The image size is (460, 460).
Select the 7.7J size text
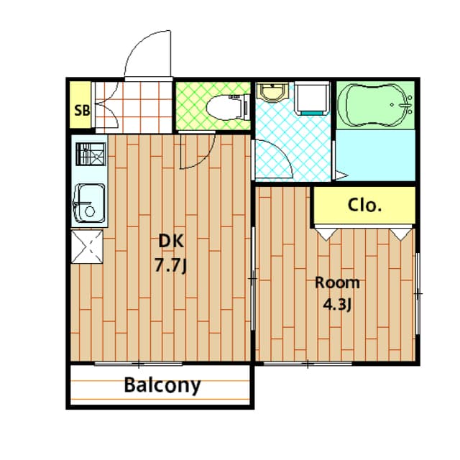coord(170,266)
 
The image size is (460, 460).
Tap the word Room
coord(337,282)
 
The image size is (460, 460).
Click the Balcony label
coord(162,385)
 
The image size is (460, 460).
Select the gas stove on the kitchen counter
coord(88,155)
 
